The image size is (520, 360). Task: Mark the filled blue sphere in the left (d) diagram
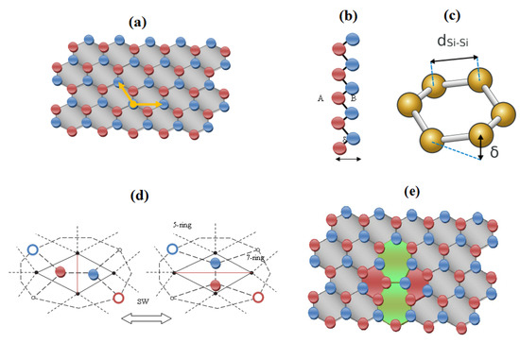[x=94, y=273]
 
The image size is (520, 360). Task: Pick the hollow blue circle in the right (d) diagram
[x=173, y=249]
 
